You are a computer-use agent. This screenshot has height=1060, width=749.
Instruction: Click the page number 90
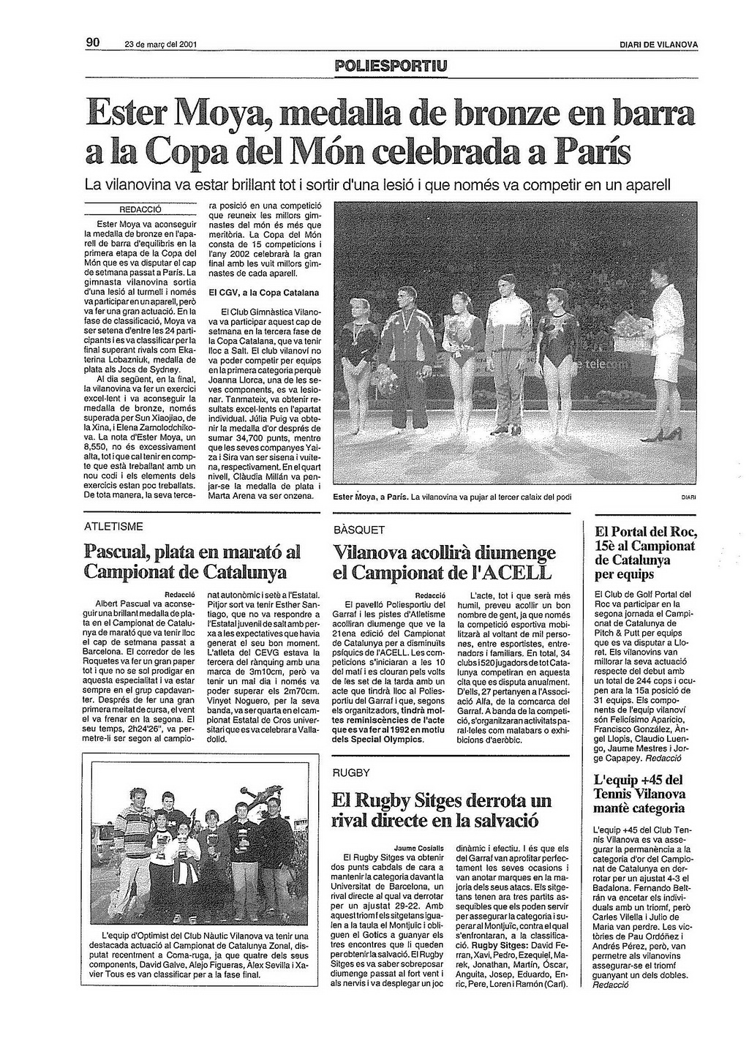[x=93, y=42]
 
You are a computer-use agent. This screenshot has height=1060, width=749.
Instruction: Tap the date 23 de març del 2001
[x=160, y=45]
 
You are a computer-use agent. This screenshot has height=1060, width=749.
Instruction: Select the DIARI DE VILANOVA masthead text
[x=658, y=45]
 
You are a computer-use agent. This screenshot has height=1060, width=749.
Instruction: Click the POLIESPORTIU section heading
[x=391, y=67]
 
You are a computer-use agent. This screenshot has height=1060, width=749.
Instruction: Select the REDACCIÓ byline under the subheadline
[x=140, y=208]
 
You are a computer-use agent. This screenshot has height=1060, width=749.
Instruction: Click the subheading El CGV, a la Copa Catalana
[x=264, y=293]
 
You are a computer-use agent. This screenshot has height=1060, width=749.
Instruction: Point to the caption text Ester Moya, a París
[x=370, y=497]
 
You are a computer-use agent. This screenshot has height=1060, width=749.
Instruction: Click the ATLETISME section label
[x=113, y=526]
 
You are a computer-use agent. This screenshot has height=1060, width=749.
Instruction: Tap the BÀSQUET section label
[x=358, y=529]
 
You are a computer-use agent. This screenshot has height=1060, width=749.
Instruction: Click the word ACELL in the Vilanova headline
[x=520, y=572]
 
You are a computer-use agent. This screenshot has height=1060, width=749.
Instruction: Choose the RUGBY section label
[x=351, y=773]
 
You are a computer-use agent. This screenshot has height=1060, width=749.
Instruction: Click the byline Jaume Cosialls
[x=423, y=847]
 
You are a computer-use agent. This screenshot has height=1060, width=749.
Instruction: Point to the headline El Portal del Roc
[x=646, y=532]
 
